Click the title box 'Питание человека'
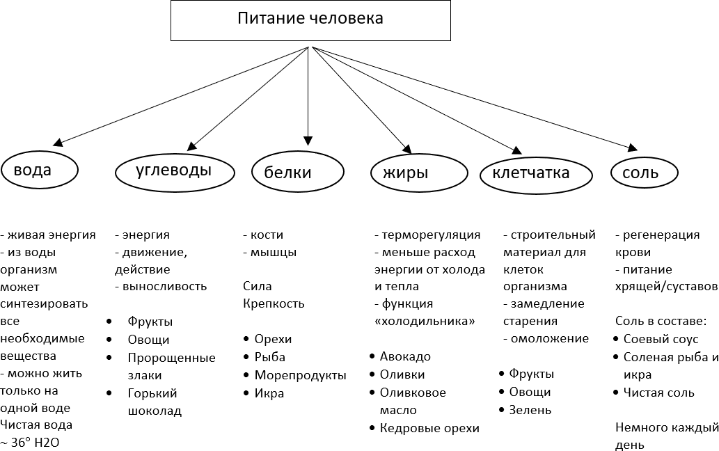click(310, 19)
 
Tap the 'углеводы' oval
click(173, 171)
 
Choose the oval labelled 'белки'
click(298, 172)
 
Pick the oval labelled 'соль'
click(644, 172)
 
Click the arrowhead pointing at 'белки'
click(308, 139)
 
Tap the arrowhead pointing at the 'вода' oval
click(58, 141)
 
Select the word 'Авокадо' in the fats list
click(405, 356)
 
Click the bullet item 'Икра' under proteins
click(269, 393)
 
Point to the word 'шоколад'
click(155, 411)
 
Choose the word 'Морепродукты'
click(300, 375)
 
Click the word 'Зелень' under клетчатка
click(530, 410)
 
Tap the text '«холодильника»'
click(425, 321)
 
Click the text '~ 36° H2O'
click(35, 443)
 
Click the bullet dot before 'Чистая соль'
click(617, 393)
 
